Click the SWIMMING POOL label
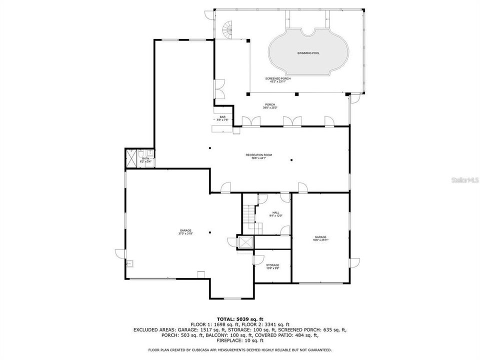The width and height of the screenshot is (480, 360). (x=308, y=52)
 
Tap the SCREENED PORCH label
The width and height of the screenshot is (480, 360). (x=277, y=78)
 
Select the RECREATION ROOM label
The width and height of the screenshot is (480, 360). (x=258, y=155)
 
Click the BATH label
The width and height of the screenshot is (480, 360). (x=145, y=158)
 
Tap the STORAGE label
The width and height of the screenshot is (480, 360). (x=272, y=265)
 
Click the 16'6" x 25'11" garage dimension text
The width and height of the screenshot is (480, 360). (x=320, y=240)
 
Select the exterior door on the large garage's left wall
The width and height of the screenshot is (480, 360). (x=119, y=253)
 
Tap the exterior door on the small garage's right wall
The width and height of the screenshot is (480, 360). (x=354, y=262)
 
